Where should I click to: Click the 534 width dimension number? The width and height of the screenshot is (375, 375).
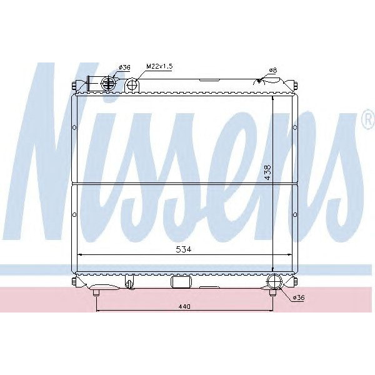coord(182,248)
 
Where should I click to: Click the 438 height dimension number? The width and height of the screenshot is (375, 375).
coord(267,172)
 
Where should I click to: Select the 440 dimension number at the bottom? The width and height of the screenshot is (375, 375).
coord(182,306)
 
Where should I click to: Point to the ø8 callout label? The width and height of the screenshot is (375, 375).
coord(272,69)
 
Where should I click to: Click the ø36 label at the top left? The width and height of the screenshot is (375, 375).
coord(124,67)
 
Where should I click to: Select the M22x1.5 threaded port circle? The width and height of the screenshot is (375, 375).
coord(132,84)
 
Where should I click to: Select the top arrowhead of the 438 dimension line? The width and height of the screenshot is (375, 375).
coord(272,99)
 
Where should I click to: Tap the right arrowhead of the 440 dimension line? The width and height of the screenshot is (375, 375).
coord(273,311)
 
